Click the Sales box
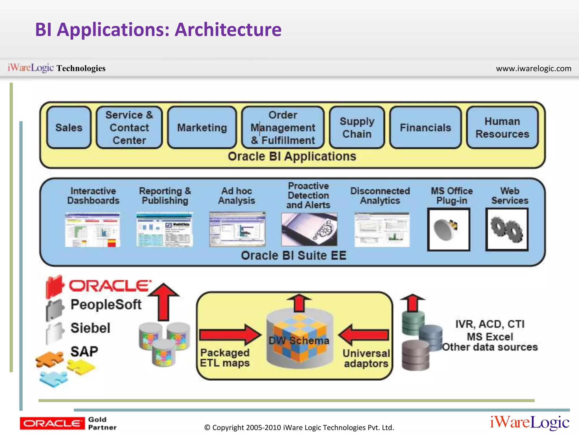(69, 127)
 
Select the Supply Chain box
(357, 127)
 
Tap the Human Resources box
(502, 127)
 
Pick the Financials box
(425, 127)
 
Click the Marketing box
(202, 127)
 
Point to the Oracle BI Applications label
(292, 156)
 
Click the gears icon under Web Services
(507, 229)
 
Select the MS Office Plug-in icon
(448, 229)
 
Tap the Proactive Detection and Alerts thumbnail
(309, 229)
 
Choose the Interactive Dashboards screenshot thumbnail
(92, 230)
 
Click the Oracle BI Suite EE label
(293, 255)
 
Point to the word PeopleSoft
(106, 304)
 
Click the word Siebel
(90, 328)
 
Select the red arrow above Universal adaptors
(364, 335)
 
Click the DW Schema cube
(299, 339)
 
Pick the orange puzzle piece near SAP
(49, 359)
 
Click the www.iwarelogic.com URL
(533, 68)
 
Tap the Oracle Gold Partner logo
(68, 423)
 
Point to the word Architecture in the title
(228, 29)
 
